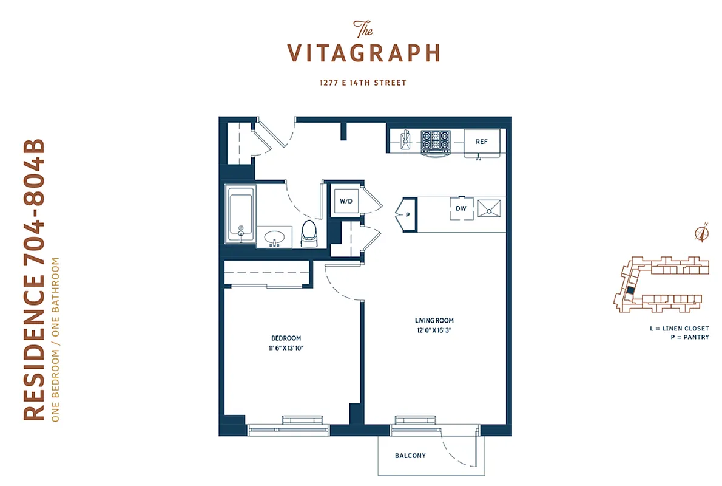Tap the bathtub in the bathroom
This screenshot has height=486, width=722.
click(x=241, y=213)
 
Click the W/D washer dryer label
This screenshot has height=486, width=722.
click(x=345, y=201)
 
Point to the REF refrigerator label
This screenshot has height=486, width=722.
click(x=482, y=142)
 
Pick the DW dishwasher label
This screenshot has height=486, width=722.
click(x=461, y=208)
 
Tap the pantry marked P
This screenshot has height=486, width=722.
click(x=407, y=214)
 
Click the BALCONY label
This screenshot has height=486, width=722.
click(x=410, y=456)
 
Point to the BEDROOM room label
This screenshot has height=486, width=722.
click(x=285, y=338)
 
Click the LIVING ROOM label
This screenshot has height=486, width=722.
click(x=434, y=320)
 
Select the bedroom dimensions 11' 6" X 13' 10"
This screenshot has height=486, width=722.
click(x=285, y=349)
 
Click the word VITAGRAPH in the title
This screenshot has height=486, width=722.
click(x=363, y=53)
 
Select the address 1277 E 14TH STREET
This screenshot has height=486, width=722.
click(x=363, y=83)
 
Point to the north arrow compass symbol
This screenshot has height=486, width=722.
click(x=703, y=233)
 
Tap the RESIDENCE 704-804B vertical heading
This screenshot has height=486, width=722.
click(x=35, y=280)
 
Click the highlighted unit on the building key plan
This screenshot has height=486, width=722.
click(x=630, y=292)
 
